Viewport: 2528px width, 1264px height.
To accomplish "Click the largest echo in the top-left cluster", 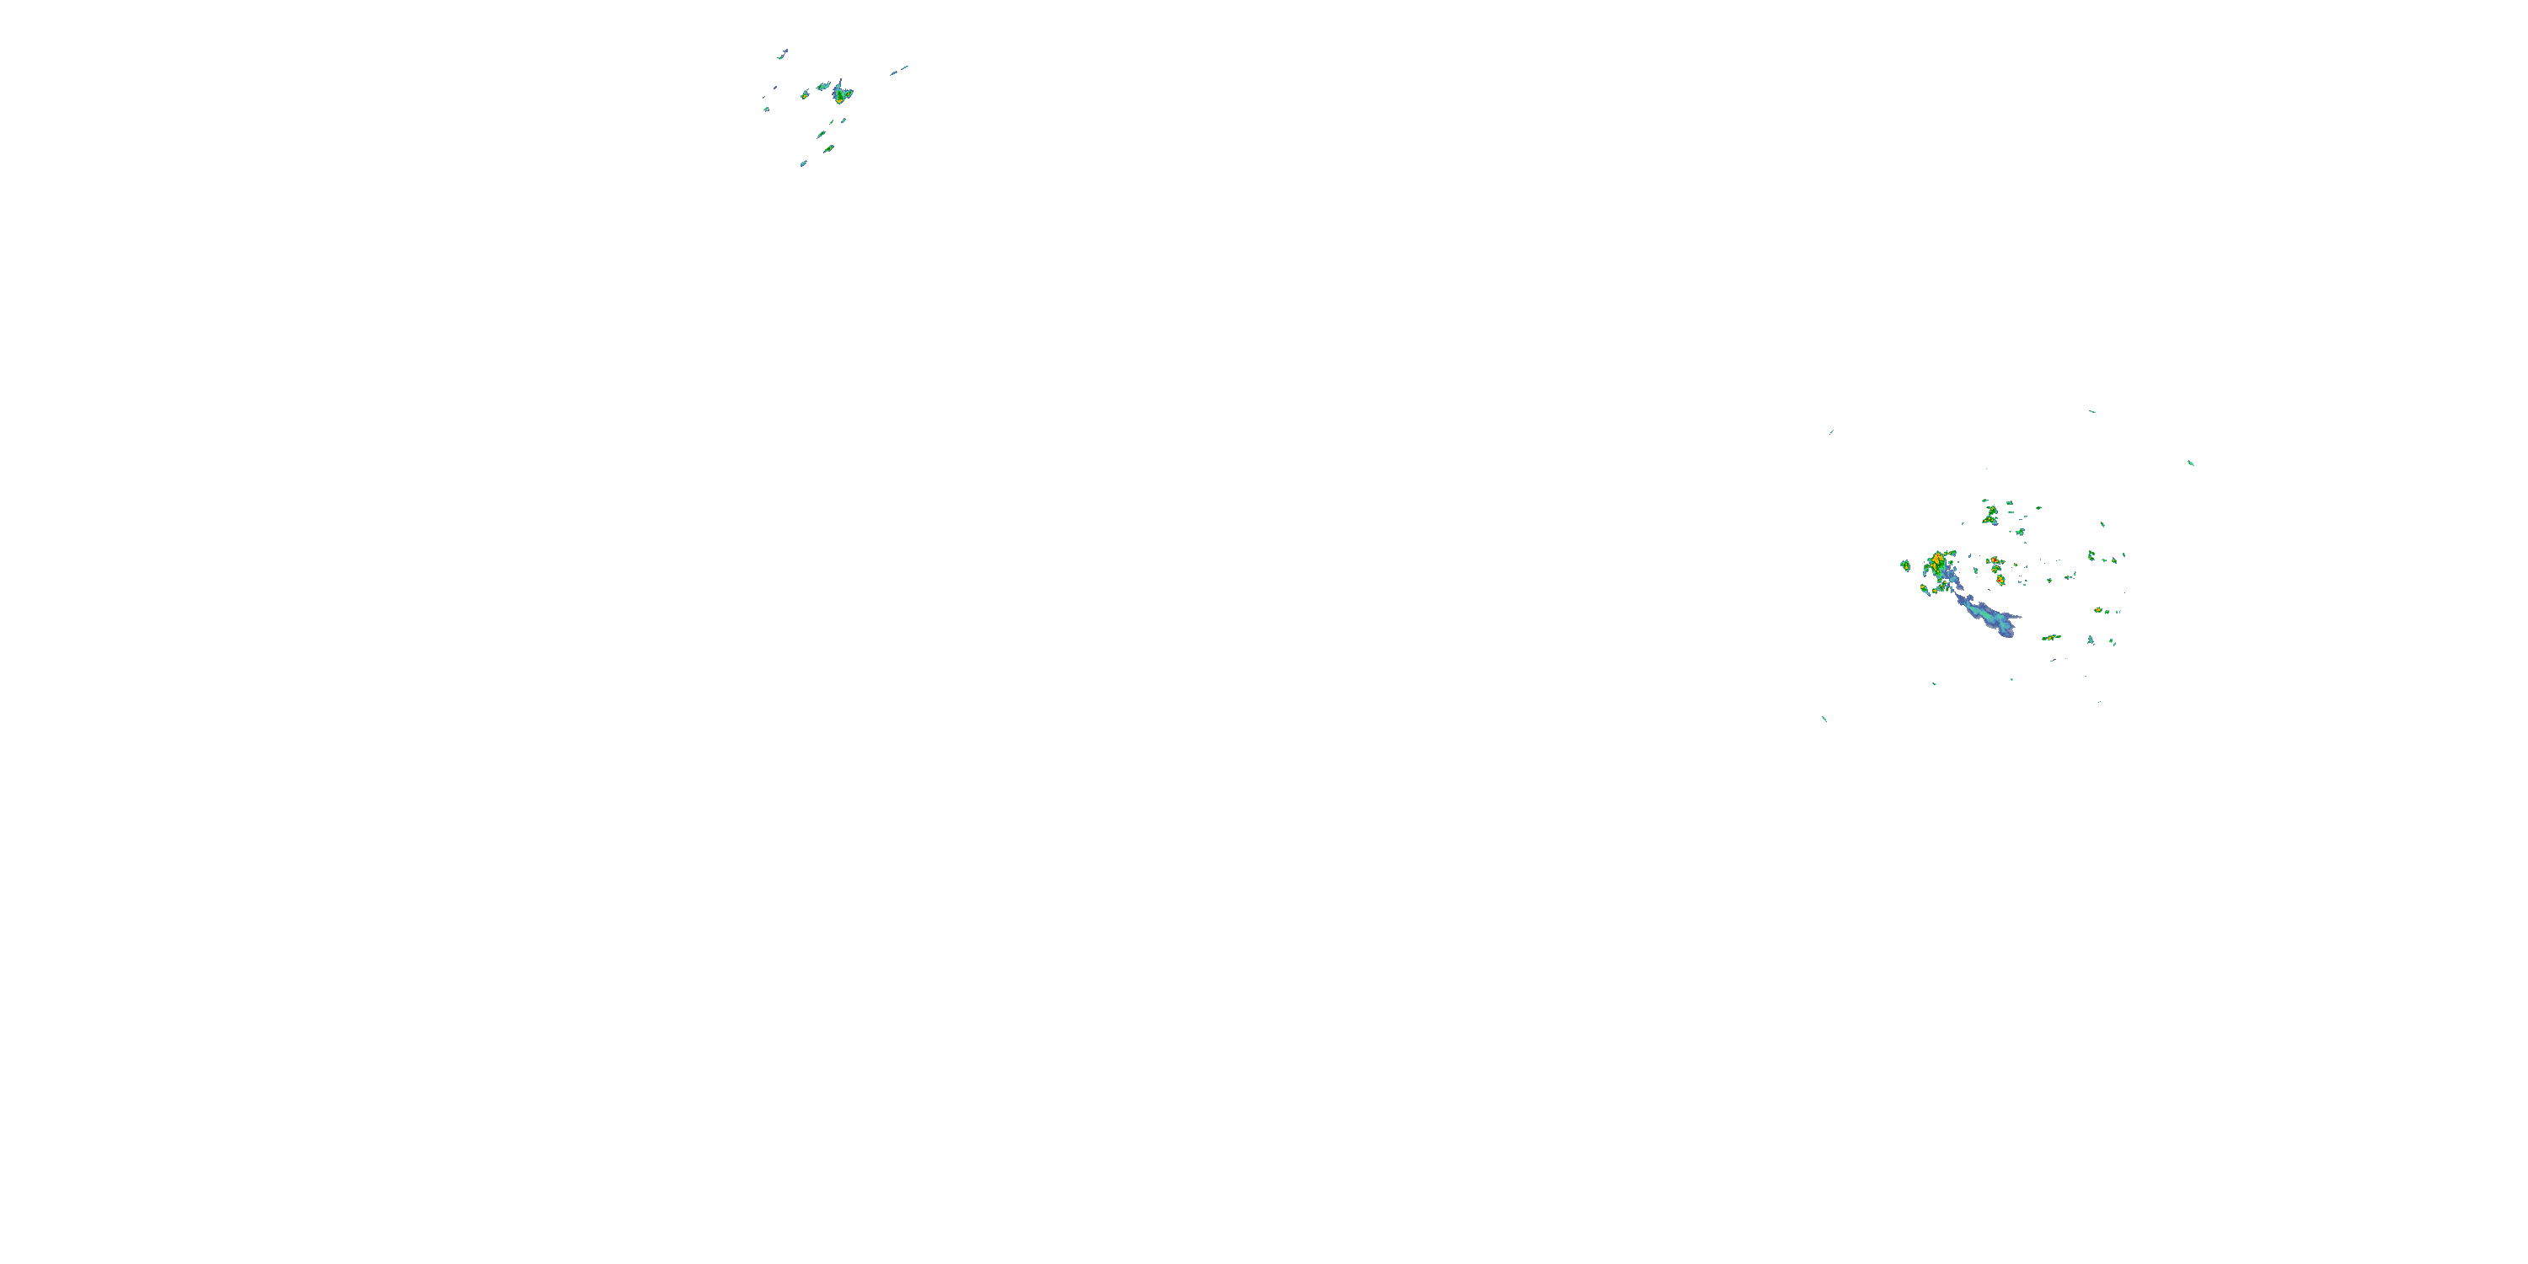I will pyautogui.click(x=841, y=94).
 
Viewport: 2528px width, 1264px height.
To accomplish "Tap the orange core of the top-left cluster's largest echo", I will pyautogui.click(x=839, y=98).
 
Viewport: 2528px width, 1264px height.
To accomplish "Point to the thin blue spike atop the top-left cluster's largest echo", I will pyautogui.click(x=840, y=83).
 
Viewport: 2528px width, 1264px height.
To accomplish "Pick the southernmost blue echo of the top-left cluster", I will pyautogui.click(x=803, y=163).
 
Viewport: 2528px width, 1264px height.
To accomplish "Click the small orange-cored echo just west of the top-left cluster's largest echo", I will pyautogui.click(x=822, y=86).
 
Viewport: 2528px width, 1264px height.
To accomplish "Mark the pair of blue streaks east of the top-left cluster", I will pyautogui.click(x=899, y=70).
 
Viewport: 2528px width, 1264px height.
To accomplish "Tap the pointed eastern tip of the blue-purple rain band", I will pyautogui.click(x=2019, y=616).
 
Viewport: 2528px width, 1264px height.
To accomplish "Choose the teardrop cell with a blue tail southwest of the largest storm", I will pyautogui.click(x=1925, y=589).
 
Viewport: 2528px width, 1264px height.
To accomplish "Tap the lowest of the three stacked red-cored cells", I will pyautogui.click(x=2000, y=581).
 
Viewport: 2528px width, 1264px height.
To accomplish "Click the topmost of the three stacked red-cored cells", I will pyautogui.click(x=1994, y=560).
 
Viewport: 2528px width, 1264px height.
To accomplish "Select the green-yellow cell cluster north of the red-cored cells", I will pyautogui.click(x=1990, y=513).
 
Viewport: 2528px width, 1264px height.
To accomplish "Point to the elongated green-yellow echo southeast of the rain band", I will pyautogui.click(x=2050, y=638).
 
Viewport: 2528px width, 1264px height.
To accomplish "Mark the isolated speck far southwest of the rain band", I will pyautogui.click(x=1824, y=718).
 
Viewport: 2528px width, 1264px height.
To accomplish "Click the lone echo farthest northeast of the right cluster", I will pyautogui.click(x=2190, y=463).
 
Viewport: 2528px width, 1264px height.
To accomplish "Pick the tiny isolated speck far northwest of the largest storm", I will pyautogui.click(x=1831, y=431).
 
